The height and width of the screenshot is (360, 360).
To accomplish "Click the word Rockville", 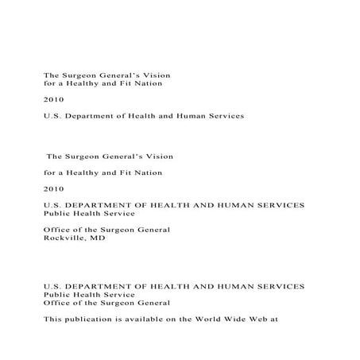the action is [x=63, y=237].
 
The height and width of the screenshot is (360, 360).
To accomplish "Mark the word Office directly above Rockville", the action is [x=56, y=229].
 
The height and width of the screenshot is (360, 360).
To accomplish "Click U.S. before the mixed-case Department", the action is [x=52, y=115].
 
